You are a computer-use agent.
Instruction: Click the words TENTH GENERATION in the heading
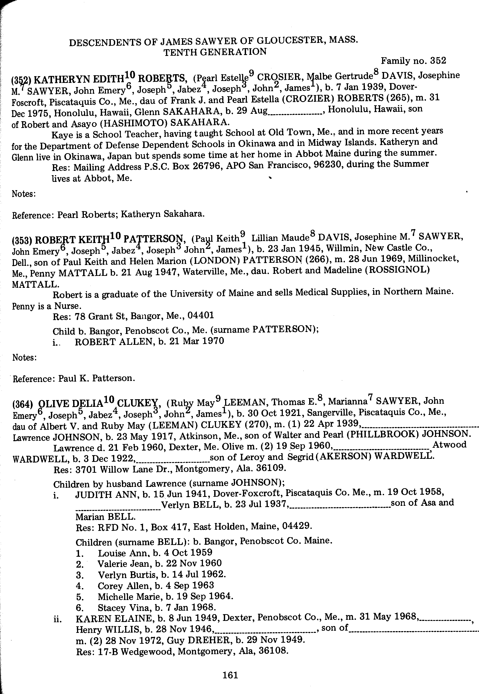pyautogui.click(x=215, y=52)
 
